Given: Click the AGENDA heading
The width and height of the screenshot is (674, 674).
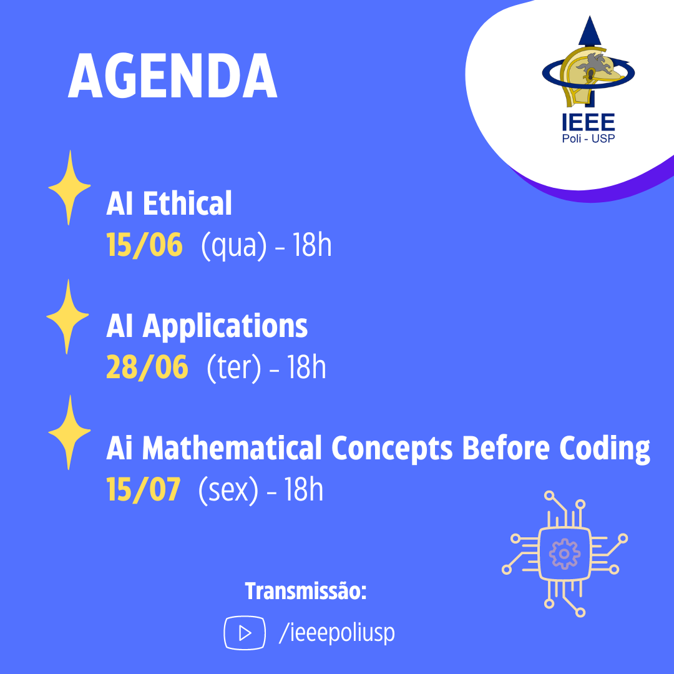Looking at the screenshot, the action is point(172,76).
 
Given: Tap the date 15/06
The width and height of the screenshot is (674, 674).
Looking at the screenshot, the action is point(144,245).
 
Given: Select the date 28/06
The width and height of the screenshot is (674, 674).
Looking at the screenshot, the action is point(147,367).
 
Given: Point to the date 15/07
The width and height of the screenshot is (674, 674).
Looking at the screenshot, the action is point(144,489).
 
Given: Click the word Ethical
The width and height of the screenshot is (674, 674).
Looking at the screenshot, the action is point(187,203).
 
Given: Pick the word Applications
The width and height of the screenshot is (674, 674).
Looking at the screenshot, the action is point(225,326).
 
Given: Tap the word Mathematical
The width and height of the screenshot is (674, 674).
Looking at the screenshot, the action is point(232,447).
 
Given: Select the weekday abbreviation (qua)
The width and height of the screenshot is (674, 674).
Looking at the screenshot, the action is point(234,246).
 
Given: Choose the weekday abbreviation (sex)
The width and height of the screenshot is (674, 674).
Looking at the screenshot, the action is point(228,490).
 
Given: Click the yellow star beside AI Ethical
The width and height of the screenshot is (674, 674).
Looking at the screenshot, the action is point(69,187).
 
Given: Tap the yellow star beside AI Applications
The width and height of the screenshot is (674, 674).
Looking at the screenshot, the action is point(67,316).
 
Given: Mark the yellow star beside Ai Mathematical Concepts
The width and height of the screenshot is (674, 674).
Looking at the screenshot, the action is point(69,432).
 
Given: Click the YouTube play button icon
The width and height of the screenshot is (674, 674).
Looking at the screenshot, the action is point(245,633).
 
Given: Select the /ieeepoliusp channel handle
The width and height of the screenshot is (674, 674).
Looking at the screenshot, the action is point(336,633).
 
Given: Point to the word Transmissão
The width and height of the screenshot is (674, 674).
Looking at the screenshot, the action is point(306,590).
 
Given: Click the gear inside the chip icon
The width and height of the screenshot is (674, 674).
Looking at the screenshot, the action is point(564,554).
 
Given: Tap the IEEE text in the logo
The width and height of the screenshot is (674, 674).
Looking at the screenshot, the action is point(588,122).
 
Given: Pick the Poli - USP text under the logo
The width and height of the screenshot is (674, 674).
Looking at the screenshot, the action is point(588,139).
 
